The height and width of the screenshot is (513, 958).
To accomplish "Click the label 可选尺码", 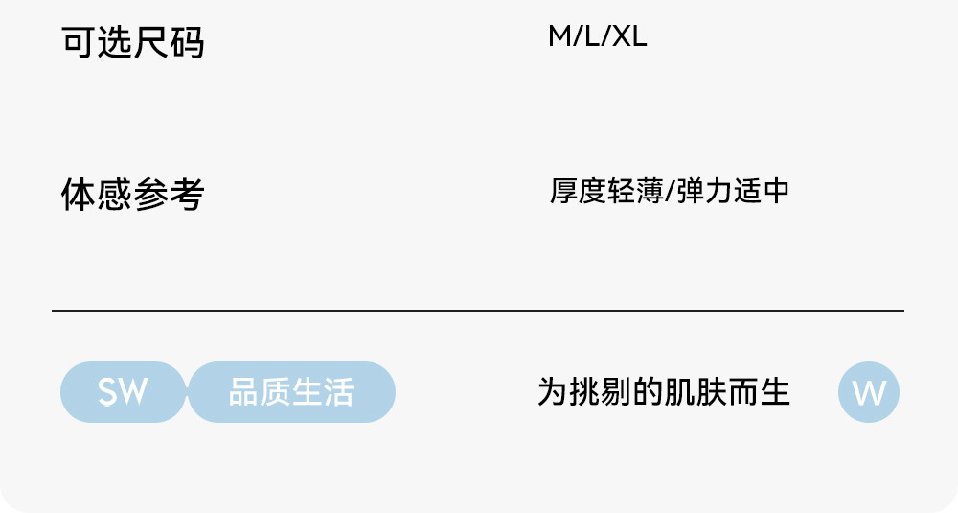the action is point(133,42).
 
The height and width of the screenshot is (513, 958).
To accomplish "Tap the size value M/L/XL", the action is point(598,37).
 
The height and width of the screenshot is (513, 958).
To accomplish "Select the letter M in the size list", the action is point(559,37).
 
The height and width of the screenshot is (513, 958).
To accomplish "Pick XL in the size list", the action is point(629,37).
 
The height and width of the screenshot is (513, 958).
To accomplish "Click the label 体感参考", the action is point(133,194).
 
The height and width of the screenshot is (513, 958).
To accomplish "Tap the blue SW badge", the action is point(123,392).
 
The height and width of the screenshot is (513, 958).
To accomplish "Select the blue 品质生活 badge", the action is point(291,392).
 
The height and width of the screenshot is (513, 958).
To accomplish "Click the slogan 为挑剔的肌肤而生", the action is point(664,392).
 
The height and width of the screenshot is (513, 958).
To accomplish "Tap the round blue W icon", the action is point(869,392).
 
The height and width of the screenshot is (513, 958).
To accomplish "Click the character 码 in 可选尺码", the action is point(188,42).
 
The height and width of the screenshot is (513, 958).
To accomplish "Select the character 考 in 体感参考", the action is point(188,194).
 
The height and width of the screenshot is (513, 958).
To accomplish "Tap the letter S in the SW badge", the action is point(109,392).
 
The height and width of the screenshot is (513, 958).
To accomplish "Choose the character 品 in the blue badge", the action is point(243,392).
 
